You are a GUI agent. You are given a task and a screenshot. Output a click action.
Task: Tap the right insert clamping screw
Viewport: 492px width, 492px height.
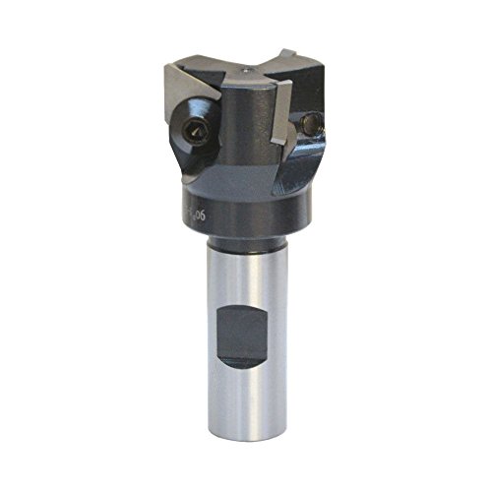coord(313,124)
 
